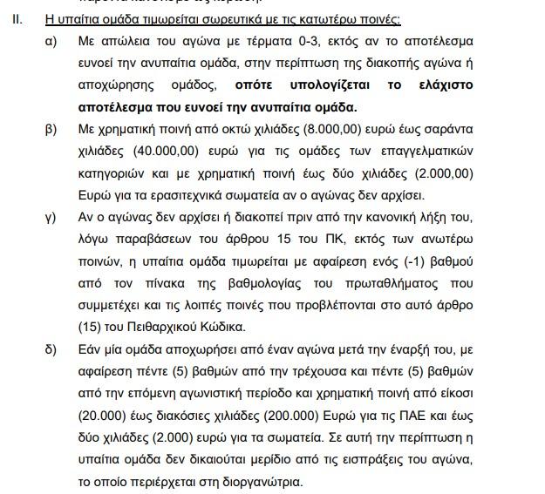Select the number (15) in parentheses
coord(92,328)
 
